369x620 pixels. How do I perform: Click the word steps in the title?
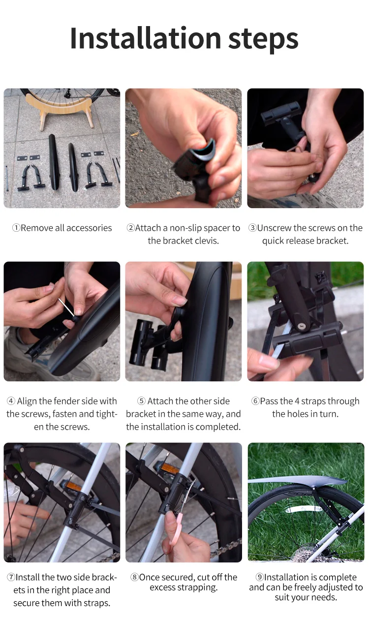tap(263, 40)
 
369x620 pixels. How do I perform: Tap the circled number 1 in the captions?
tap(16, 228)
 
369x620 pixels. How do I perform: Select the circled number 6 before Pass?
tap(255, 401)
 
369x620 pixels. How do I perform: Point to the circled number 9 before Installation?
tap(260, 577)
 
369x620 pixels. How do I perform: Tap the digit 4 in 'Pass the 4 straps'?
tap(297, 401)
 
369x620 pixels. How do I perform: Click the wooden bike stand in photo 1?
tap(58, 111)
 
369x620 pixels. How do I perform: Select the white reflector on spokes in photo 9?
tap(303, 508)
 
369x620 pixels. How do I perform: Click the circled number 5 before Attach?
tap(141, 401)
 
